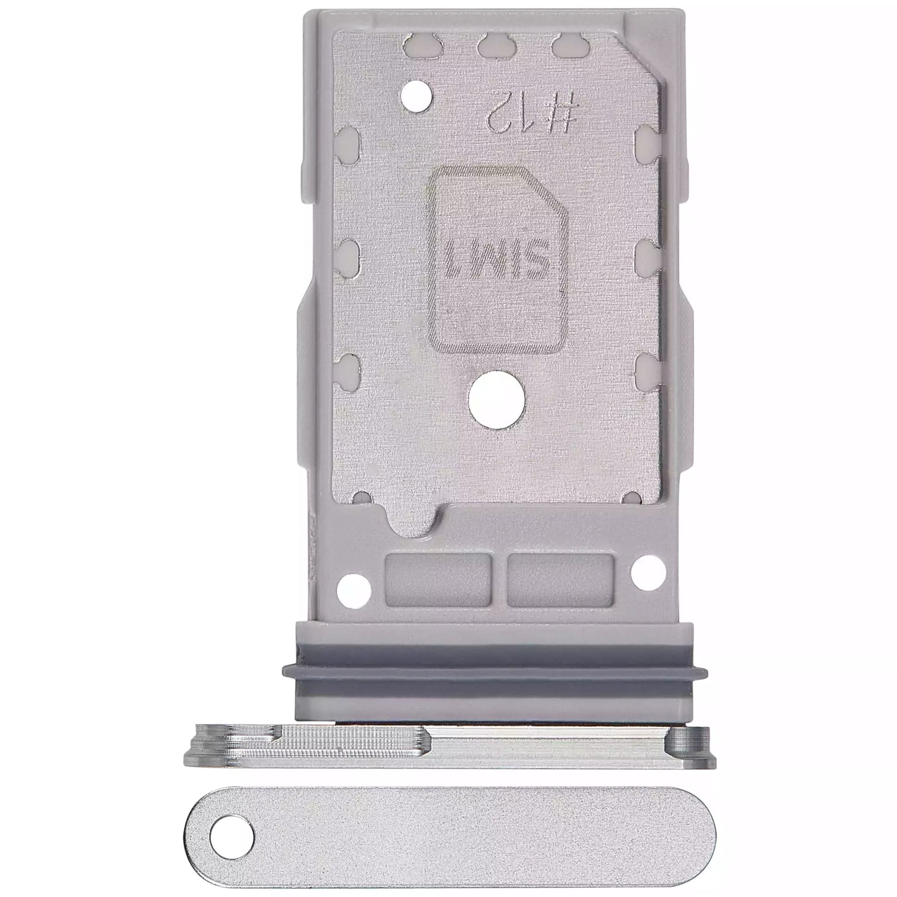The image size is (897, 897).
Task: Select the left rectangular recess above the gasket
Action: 438,580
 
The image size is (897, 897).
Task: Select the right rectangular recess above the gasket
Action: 561,580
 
